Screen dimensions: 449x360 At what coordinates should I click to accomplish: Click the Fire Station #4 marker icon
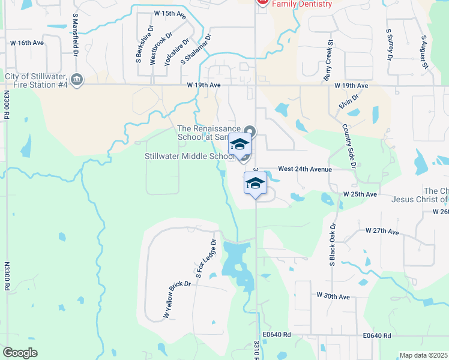pyautogui.click(x=76, y=79)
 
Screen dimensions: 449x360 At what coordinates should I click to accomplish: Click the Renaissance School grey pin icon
pyautogui.click(x=250, y=131)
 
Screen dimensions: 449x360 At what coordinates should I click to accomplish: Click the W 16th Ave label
pyautogui.click(x=28, y=43)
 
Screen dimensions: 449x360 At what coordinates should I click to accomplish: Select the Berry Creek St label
pyautogui.click(x=328, y=60)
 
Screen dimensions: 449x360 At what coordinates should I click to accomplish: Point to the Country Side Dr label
pyautogui.click(x=349, y=146)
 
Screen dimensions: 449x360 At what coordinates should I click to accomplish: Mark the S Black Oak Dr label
pyautogui.click(x=331, y=242)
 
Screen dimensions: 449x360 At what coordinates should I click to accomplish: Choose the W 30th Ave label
pyautogui.click(x=333, y=296)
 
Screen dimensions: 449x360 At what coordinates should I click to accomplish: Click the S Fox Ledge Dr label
pyautogui.click(x=205, y=259)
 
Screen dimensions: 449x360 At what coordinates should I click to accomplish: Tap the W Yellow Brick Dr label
pyautogui.click(x=169, y=299)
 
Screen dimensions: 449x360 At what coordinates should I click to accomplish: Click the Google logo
pyautogui.click(x=20, y=353)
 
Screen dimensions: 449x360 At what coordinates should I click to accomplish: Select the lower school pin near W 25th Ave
pyautogui.click(x=255, y=184)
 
